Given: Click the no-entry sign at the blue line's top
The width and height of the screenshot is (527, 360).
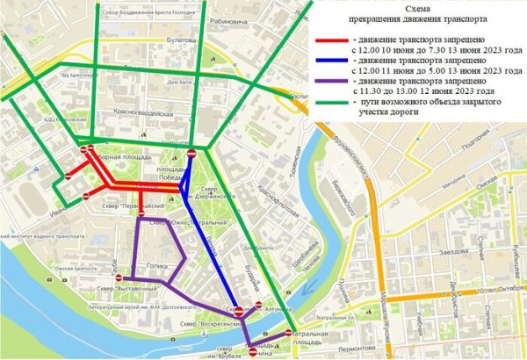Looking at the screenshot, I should [x=192, y=155].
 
